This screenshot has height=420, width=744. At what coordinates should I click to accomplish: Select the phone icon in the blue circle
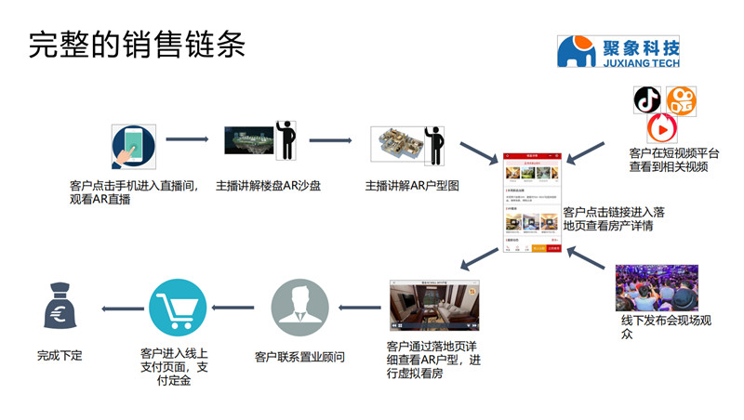coord(133,146)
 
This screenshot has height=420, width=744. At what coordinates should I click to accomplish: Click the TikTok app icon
coord(647,99)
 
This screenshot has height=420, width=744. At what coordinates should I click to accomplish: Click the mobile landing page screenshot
coord(532,203)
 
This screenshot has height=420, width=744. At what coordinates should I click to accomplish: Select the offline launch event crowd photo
coord(657,288)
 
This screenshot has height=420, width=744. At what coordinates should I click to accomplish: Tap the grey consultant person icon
coord(299,308)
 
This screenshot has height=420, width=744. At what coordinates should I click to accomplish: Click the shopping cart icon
coord(177,308)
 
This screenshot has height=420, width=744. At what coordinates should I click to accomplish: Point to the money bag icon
coord(60,307)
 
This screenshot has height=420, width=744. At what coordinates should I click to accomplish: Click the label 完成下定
coord(60,355)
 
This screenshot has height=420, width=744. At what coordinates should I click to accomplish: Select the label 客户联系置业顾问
coord(299,356)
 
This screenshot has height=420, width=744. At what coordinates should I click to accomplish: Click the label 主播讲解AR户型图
coord(412,186)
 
